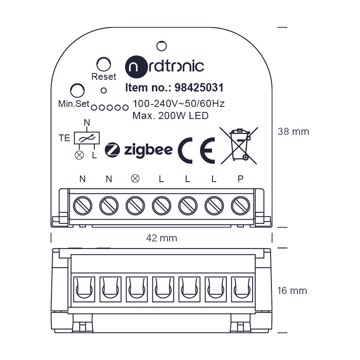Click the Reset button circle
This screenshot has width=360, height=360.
pos(103,64)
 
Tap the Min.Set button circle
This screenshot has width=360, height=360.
pos(77,90)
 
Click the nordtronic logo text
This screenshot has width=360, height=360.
pos(164,66)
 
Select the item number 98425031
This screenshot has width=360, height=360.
pos(199,88)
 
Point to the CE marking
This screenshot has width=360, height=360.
pos(196,150)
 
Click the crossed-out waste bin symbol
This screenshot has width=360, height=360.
pos(239,145)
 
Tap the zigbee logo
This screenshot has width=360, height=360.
pos(139,150)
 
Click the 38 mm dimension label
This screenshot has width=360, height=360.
pos(293,132)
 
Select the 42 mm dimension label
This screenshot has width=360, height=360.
pos(162,238)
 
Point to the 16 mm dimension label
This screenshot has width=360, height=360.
pos(292,291)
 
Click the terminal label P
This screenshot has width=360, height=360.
pos(240,179)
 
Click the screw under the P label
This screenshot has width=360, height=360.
pos(240,206)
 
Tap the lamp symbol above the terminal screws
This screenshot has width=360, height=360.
pos(135,179)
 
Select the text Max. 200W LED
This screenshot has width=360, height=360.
pos(170,116)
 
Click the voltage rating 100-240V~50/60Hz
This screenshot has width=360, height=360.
pos(178,104)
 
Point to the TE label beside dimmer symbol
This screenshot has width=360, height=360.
pos(65,138)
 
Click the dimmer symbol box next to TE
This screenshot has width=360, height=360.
pos(87,138)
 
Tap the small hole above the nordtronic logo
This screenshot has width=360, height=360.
pos(161,46)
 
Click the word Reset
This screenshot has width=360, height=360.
pos(104,77)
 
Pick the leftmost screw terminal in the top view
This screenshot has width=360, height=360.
pos(82,206)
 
